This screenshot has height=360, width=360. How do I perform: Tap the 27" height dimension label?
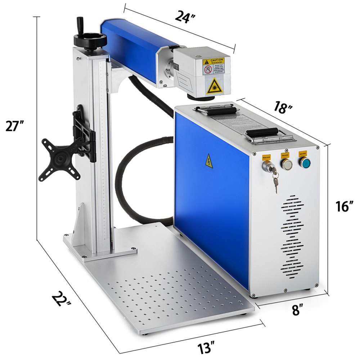[x=15, y=127]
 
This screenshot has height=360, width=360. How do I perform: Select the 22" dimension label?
[x=62, y=299]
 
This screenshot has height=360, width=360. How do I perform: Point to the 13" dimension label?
[x=206, y=349]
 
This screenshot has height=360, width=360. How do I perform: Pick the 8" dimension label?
[x=297, y=310]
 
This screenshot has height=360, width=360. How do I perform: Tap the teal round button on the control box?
[x=304, y=163]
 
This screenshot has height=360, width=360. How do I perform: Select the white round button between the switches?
[x=287, y=165]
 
